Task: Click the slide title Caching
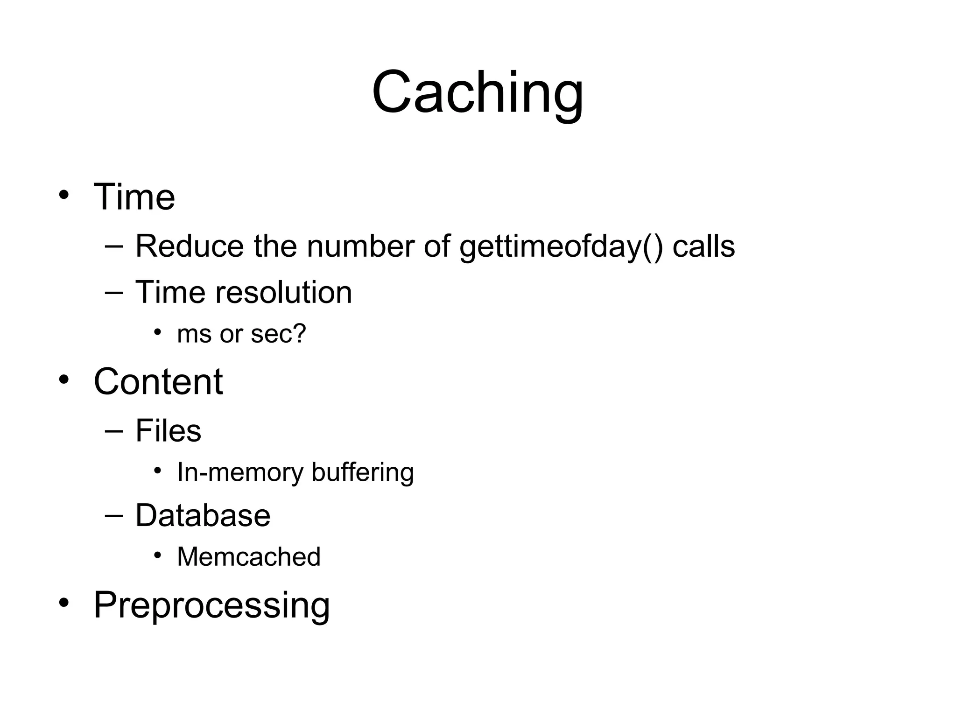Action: tap(478, 92)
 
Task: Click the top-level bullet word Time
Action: tap(134, 197)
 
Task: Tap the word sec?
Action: tap(278, 334)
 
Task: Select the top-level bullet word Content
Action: tap(158, 381)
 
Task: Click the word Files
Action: tap(168, 430)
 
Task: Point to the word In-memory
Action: tap(240, 473)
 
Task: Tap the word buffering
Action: tap(363, 473)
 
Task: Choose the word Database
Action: tap(203, 516)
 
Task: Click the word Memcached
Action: tap(249, 557)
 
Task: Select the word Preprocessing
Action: tap(211, 605)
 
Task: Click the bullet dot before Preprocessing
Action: tap(64, 602)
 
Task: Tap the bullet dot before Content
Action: tap(64, 379)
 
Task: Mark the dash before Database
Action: tap(114, 516)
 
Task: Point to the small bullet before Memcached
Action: tap(158, 555)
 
